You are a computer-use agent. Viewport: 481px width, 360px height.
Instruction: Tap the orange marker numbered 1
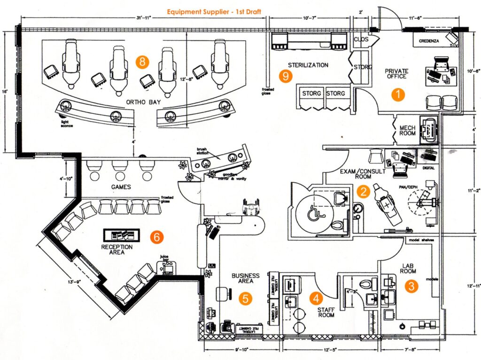click(398, 94)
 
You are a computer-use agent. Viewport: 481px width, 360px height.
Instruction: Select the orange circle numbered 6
click(157, 237)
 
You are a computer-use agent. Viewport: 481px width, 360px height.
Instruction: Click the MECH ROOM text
click(407, 130)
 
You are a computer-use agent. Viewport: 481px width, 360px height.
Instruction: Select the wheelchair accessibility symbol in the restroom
click(312, 214)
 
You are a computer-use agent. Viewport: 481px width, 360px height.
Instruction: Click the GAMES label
click(121, 187)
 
